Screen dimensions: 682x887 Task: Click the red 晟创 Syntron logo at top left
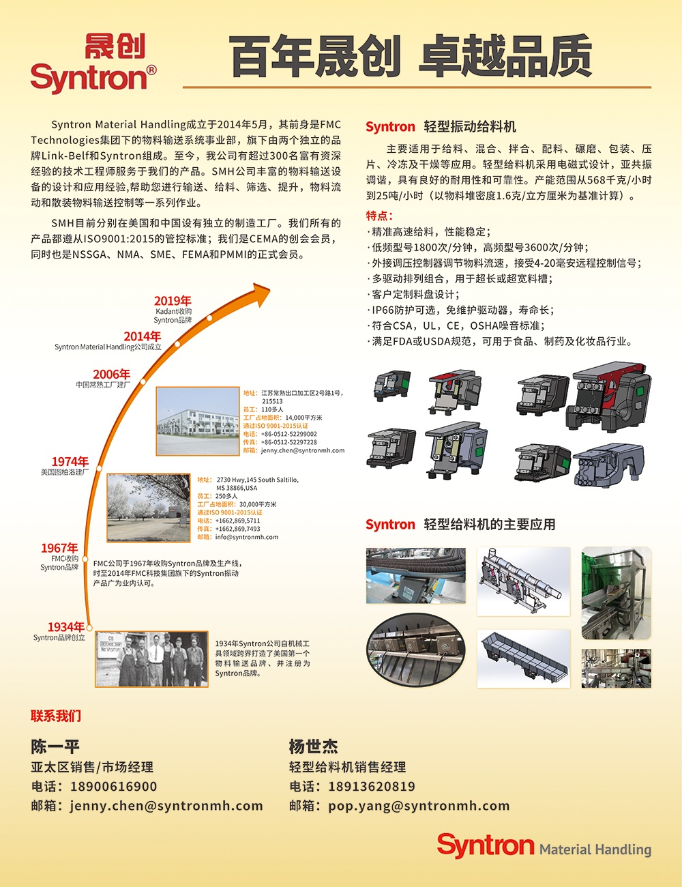[x=93, y=64]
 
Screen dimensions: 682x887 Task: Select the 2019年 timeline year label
[x=173, y=301]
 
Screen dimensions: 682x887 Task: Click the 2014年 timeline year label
[x=143, y=336]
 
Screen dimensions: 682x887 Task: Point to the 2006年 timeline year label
[x=111, y=375]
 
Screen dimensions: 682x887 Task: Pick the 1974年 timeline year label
[x=70, y=462]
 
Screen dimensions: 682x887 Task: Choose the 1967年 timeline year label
[x=59, y=548]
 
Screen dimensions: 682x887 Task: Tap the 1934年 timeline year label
[x=65, y=626]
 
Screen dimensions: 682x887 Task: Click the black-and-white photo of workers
[x=151, y=659]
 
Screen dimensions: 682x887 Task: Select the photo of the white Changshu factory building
[x=198, y=421]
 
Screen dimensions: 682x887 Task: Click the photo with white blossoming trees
[x=149, y=508]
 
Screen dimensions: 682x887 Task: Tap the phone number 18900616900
[x=114, y=786]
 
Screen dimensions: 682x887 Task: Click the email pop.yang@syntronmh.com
[x=419, y=806]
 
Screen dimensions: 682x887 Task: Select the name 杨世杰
[x=313, y=746]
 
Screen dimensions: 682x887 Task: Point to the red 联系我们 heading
[x=56, y=716]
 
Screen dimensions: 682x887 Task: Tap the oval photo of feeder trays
[x=415, y=650]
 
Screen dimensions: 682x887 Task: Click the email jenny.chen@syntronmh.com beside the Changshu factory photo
[x=303, y=450]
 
